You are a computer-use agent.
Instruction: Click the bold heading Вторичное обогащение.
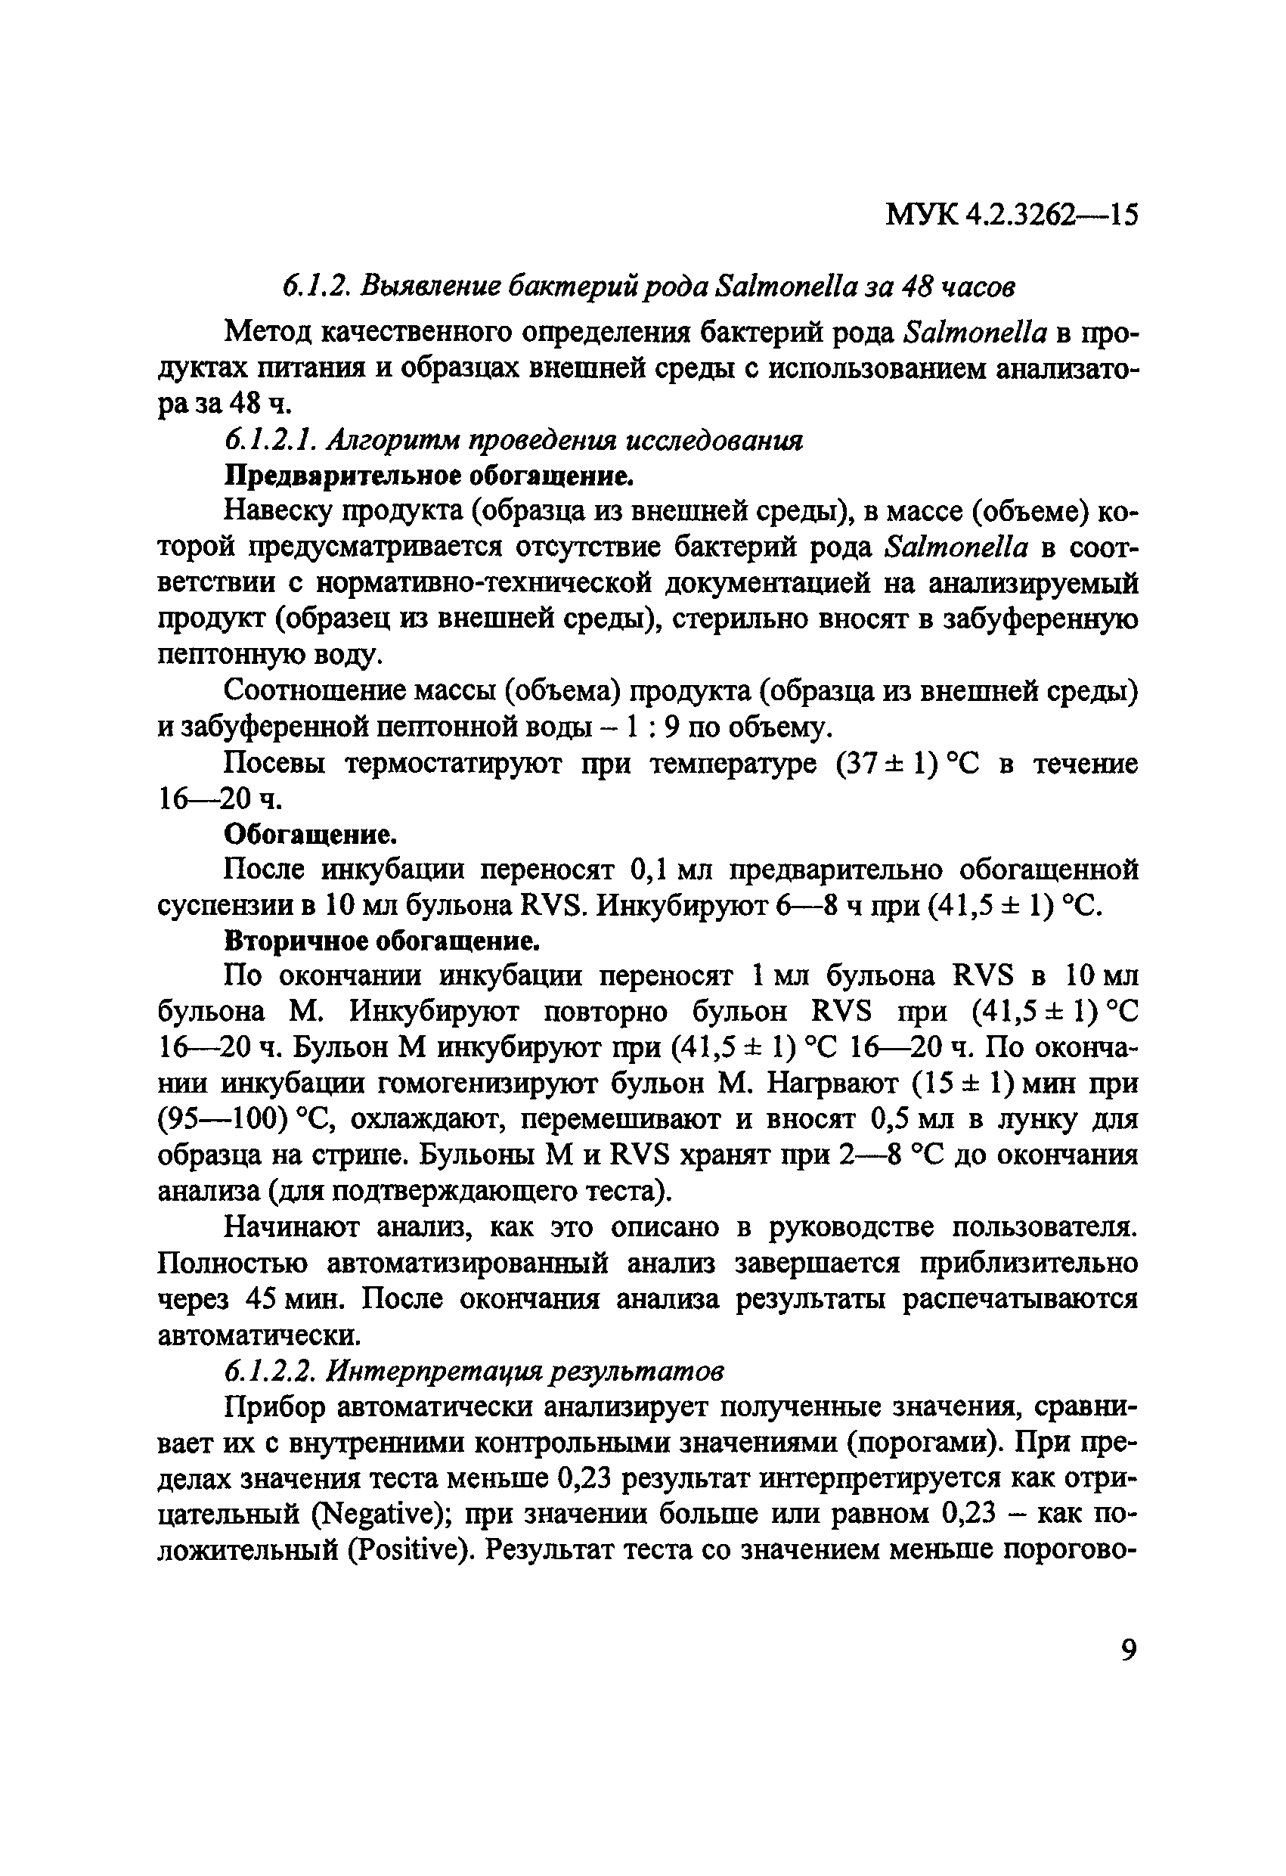(381, 941)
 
